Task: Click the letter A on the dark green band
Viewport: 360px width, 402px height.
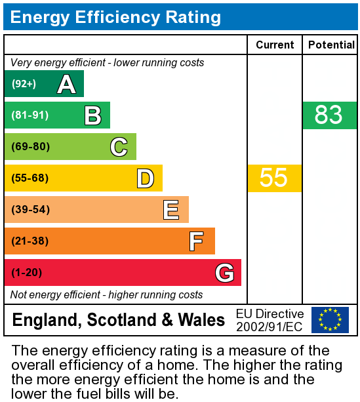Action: coord(66,84)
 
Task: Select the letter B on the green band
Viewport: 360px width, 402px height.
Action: coord(92,115)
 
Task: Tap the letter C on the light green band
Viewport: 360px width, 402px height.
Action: coord(119,147)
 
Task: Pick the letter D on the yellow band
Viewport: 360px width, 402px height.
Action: coord(145,178)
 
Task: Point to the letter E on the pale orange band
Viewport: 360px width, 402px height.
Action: coord(171,210)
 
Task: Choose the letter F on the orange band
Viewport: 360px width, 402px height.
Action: coord(197,241)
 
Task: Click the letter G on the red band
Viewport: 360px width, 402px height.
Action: coord(224,273)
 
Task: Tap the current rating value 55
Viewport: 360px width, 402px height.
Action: coord(274,178)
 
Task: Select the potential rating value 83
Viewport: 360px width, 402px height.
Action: coord(329,115)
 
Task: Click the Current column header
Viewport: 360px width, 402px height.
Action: coord(275,45)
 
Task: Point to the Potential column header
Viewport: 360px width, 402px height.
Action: coord(331,45)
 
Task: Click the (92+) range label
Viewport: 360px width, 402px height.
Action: coord(24,84)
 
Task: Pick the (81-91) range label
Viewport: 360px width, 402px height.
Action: coord(30,115)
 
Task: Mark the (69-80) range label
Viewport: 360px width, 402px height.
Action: coord(30,147)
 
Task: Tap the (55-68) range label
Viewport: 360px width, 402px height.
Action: coord(30,178)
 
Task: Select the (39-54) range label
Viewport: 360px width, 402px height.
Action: coord(30,210)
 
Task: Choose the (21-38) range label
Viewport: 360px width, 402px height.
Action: coord(30,241)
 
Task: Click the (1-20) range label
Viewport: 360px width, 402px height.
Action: coord(26,273)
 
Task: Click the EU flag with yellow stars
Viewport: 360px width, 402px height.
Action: coord(330,320)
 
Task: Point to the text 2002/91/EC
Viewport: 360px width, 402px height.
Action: coord(270,327)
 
